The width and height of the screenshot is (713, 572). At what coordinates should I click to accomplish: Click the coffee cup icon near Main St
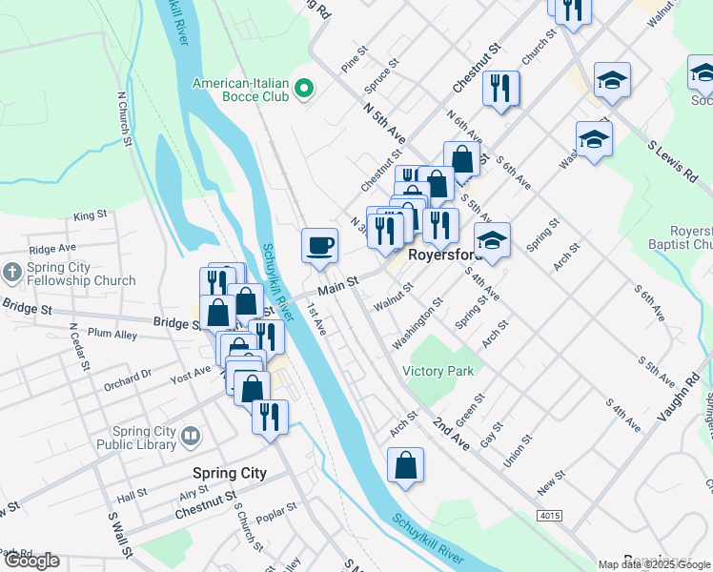tap(319, 246)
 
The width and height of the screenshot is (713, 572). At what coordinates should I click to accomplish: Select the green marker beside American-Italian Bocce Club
tap(304, 91)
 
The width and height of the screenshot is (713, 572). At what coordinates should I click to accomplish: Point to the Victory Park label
tap(438, 371)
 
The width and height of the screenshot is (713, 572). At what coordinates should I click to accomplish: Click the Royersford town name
tap(441, 256)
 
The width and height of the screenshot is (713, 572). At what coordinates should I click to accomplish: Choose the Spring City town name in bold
tap(229, 473)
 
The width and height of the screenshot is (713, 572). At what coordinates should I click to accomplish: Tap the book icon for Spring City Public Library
tap(191, 438)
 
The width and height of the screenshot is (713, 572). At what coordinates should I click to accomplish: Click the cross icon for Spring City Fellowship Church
tap(12, 272)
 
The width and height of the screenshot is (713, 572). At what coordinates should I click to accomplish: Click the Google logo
tap(31, 562)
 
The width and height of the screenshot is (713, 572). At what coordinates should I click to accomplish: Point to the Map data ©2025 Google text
tap(654, 564)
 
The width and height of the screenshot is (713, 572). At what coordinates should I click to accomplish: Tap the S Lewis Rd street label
tap(671, 163)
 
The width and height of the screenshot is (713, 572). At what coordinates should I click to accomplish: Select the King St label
tap(90, 216)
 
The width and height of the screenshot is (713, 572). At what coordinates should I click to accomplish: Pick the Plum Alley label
tap(112, 334)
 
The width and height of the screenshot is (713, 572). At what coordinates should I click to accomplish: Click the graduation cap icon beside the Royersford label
tap(493, 241)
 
